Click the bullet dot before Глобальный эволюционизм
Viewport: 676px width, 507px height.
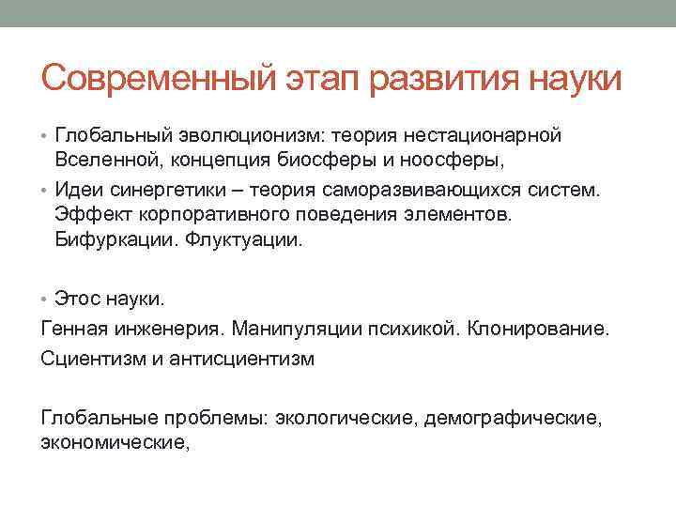coord(46,137)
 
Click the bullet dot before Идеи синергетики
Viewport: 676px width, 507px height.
coord(46,191)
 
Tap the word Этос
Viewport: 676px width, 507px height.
coord(78,300)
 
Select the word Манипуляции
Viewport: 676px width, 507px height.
coord(295,330)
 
